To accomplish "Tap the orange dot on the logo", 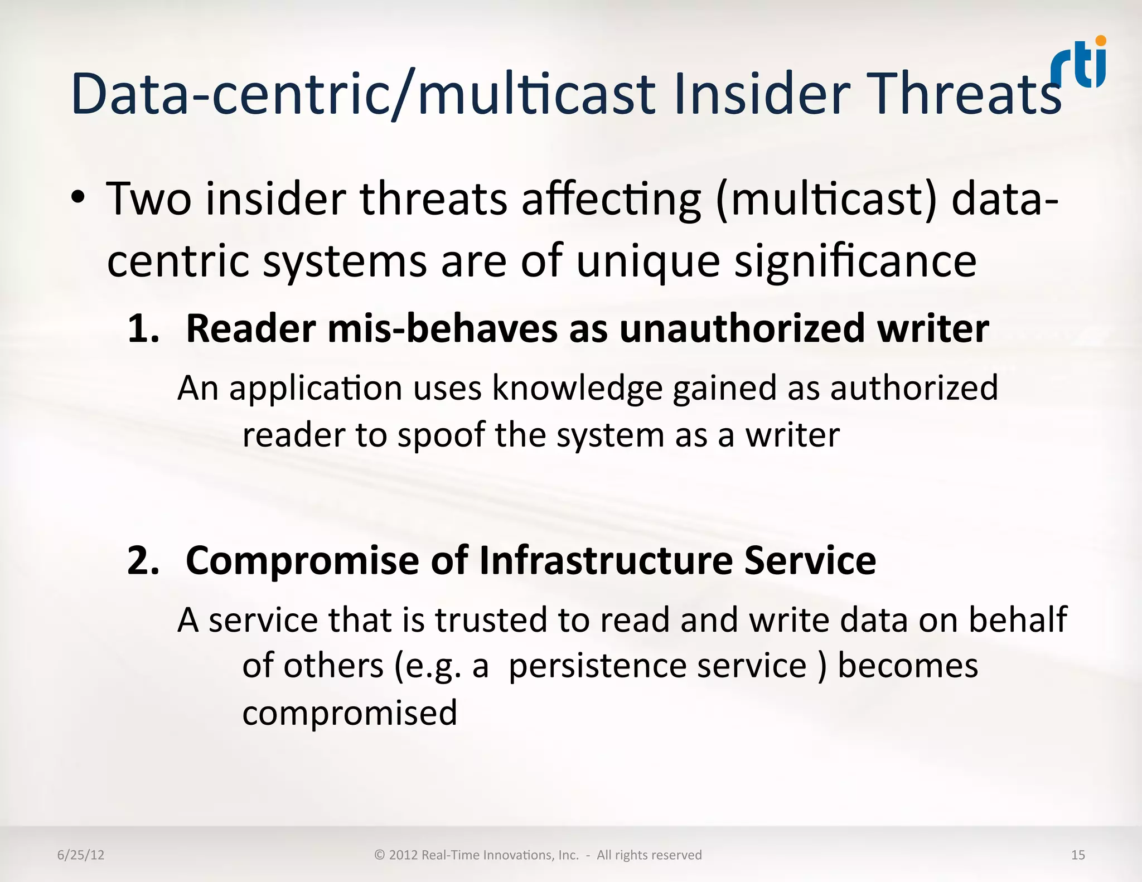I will click(x=1100, y=41).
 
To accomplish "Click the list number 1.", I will click(x=143, y=329).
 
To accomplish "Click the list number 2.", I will click(x=143, y=560).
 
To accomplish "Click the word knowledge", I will click(x=577, y=388).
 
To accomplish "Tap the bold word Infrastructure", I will click(x=606, y=560).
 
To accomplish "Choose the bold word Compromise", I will click(x=302, y=560).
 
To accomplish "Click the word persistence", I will click(x=597, y=666).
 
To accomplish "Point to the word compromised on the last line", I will click(x=350, y=714).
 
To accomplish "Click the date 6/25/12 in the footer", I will click(x=81, y=855).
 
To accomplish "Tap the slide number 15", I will click(x=1078, y=855).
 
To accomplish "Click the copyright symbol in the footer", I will click(x=380, y=855).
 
